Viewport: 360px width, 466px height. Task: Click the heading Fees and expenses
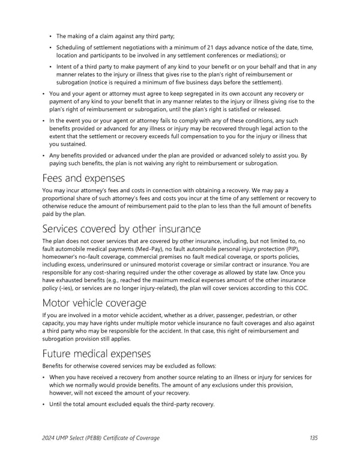point(83,178)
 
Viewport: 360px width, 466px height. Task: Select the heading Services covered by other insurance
point(122,229)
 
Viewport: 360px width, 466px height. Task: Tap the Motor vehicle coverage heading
point(94,303)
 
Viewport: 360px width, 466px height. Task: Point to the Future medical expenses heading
point(97,354)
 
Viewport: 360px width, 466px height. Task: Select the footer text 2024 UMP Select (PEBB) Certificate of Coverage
point(101,438)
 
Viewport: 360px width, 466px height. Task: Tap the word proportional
point(60,198)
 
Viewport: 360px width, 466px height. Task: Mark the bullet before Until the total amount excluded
point(44,404)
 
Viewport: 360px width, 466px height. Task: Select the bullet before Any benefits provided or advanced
point(44,156)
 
